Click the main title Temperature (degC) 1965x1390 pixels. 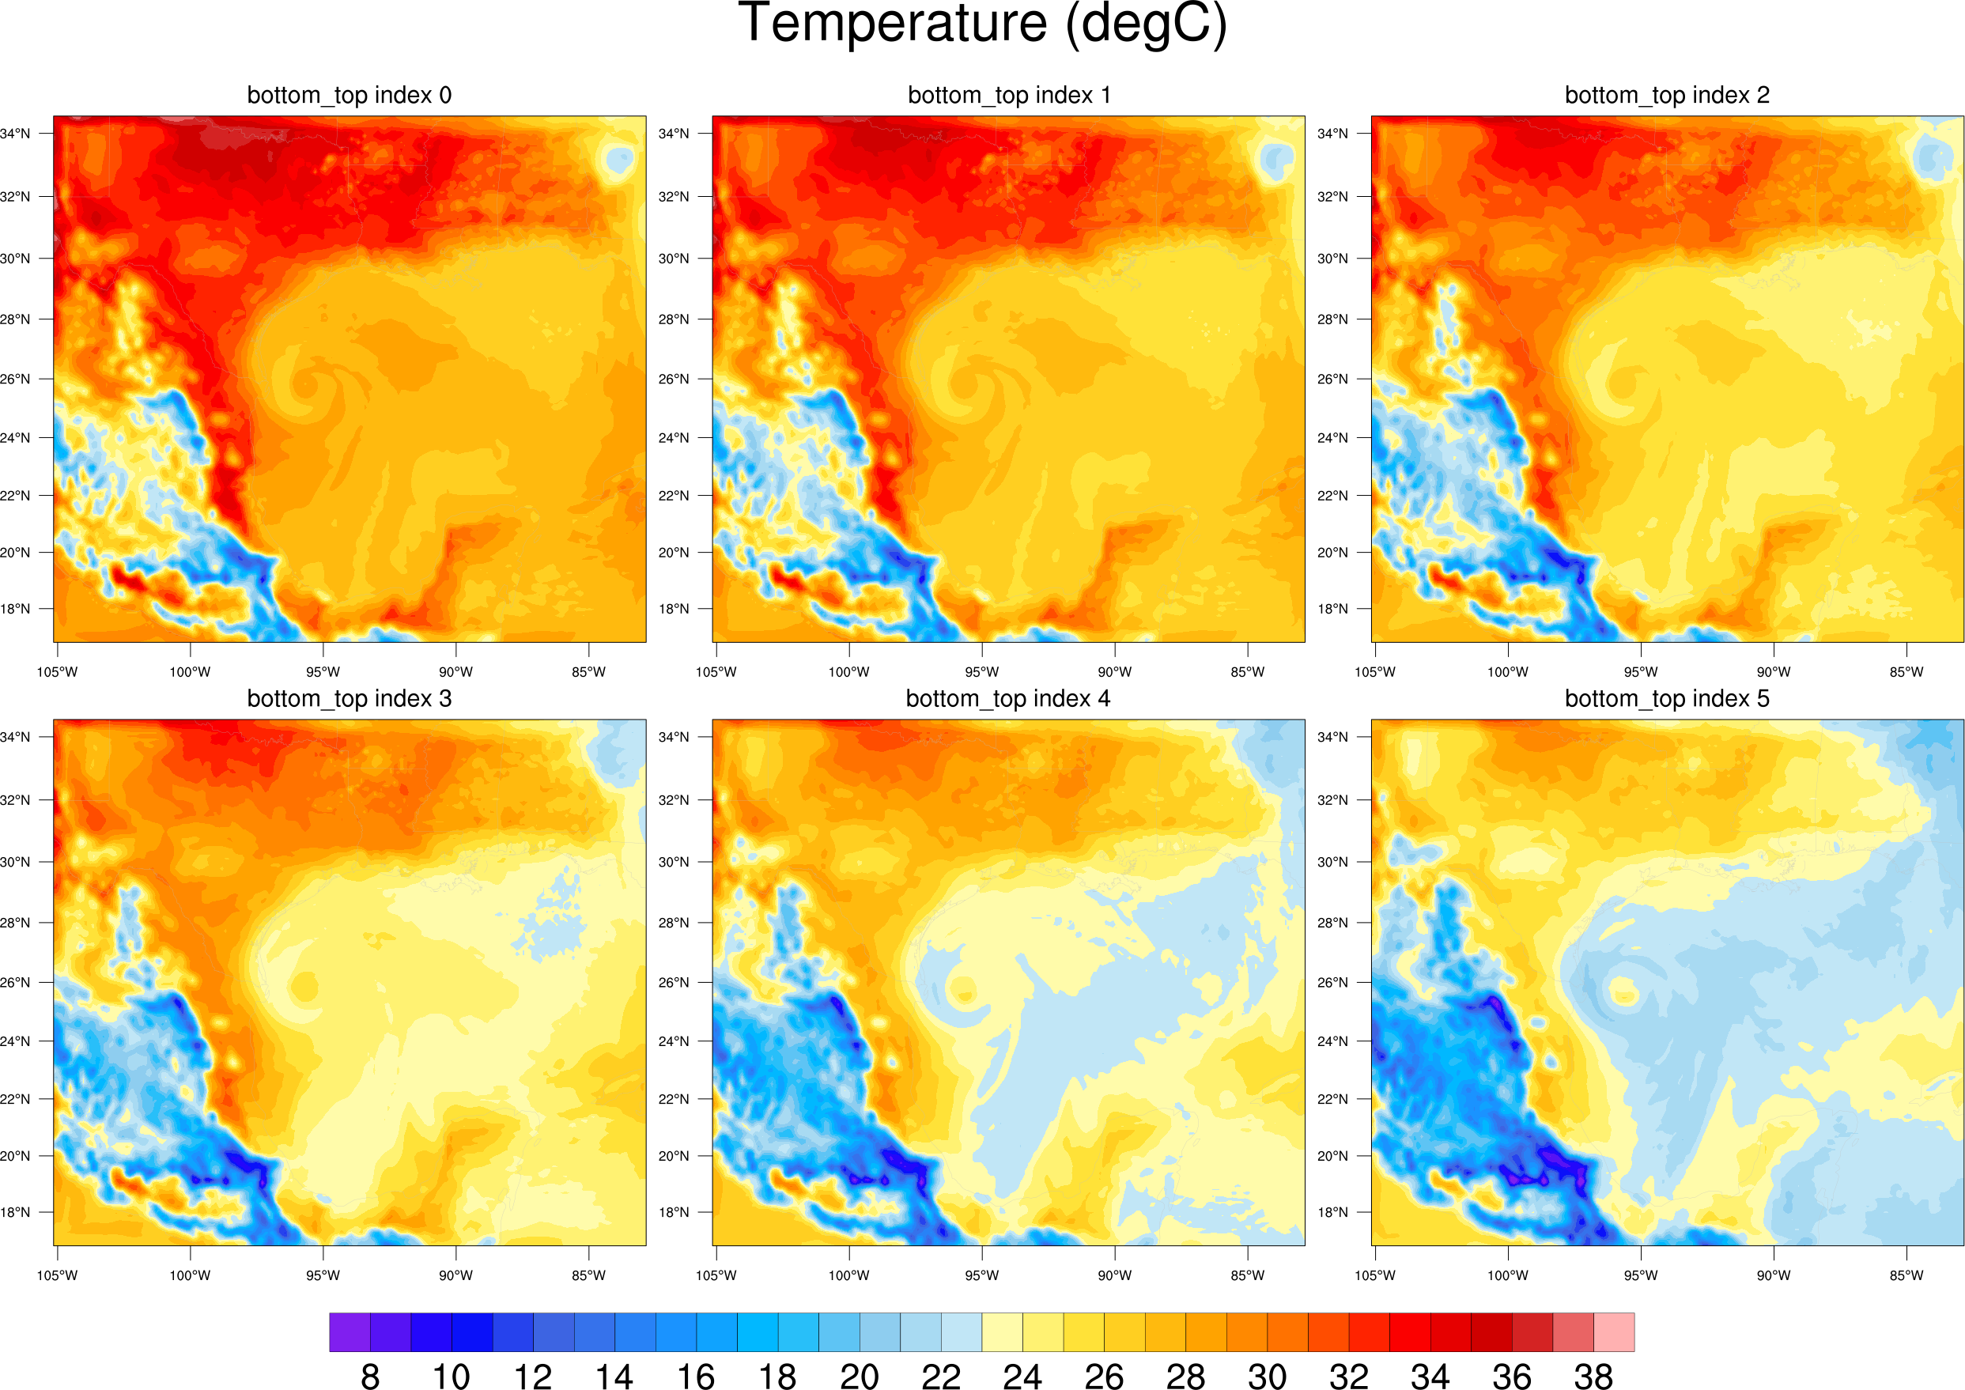click(981, 24)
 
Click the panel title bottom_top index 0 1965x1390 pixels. click(350, 95)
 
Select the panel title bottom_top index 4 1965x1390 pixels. click(1007, 698)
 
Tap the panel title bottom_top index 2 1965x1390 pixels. click(1666, 95)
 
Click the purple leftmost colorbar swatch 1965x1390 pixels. click(350, 1331)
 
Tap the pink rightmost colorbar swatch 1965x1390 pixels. click(1613, 1331)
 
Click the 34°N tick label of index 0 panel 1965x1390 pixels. click(14, 134)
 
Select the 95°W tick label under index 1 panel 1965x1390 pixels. click(981, 672)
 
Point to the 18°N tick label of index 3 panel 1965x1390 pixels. click(14, 1212)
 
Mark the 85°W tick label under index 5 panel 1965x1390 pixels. click(1906, 1275)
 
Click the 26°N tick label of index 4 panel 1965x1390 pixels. click(674, 983)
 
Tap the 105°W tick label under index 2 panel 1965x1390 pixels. click(1374, 672)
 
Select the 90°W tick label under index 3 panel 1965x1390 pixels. click(455, 1275)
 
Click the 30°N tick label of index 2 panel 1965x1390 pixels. click(1332, 259)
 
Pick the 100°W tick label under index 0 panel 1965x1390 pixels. click(190, 672)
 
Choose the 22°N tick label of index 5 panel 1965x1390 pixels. click(1332, 1099)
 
